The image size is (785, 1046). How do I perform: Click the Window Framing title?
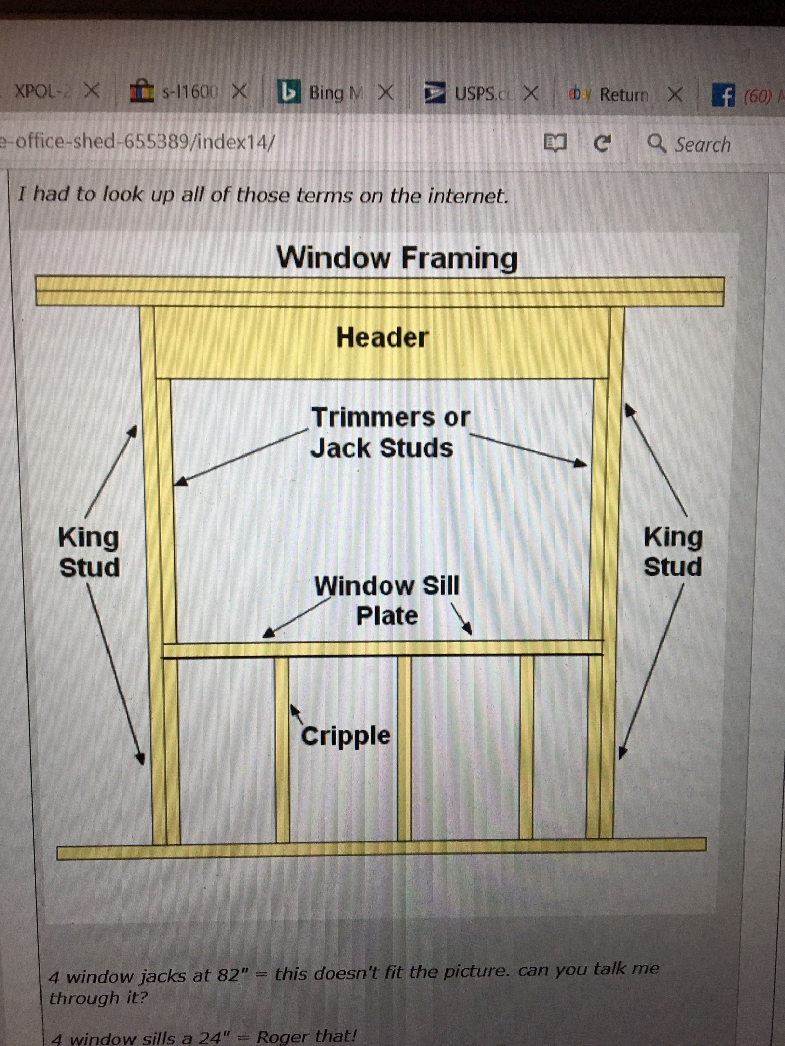pos(397,258)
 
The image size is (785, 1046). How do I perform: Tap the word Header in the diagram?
pos(382,337)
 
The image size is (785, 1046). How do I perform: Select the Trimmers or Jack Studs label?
pos(389,433)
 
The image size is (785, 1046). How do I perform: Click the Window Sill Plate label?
pos(387,600)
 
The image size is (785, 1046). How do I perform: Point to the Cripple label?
pos(346,736)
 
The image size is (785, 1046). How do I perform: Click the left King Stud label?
pos(89,552)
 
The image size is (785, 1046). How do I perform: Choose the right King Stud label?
pos(673,552)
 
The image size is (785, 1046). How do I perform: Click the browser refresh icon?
pos(602,143)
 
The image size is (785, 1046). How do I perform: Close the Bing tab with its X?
pos(385,93)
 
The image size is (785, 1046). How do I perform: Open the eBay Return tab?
pos(623,95)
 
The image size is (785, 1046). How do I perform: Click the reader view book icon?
pos(554,143)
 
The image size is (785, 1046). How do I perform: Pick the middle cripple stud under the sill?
pos(404,747)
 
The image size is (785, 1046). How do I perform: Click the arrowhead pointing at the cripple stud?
pos(293,708)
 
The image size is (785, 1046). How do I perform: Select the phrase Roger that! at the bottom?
pos(306,1037)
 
